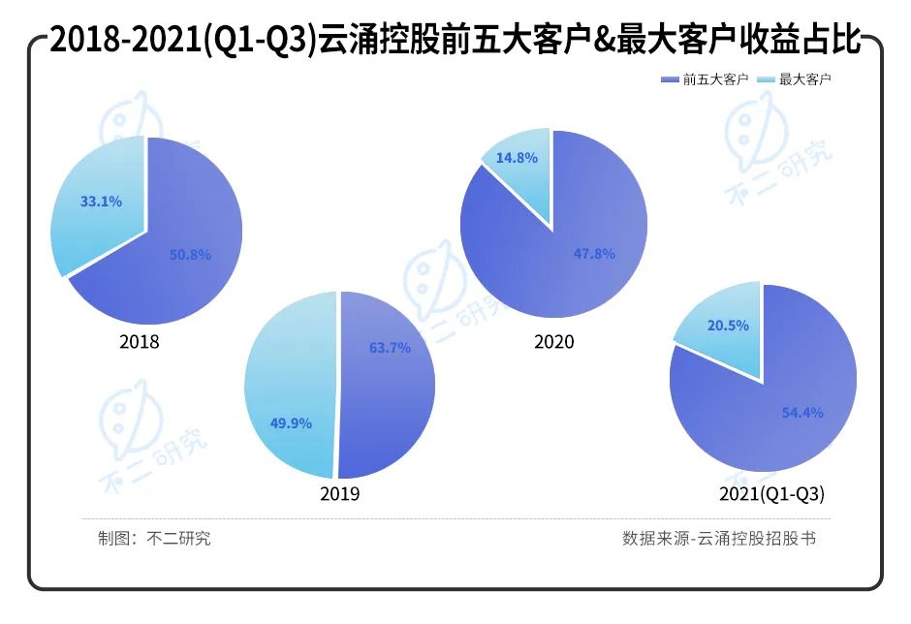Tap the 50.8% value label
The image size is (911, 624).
(189, 255)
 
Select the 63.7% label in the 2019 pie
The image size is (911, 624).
(390, 347)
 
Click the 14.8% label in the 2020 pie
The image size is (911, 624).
(517, 157)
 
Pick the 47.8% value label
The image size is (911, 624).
(595, 254)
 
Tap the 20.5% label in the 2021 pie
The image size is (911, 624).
(728, 327)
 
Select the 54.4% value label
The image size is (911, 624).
(802, 413)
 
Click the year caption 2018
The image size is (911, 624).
(140, 342)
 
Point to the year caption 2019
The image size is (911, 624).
(339, 494)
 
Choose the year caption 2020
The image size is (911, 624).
(553, 342)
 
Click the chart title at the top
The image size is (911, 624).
(455, 41)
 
